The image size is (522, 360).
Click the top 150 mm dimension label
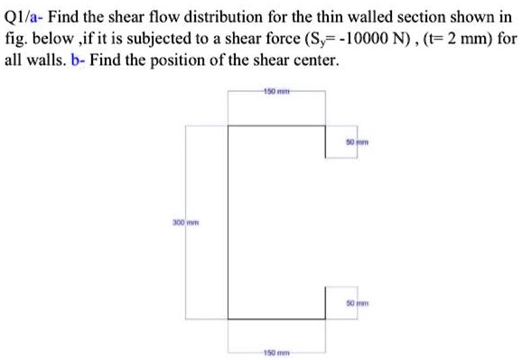click(275, 92)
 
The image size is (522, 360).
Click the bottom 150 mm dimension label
click(275, 352)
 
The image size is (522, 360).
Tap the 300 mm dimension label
click(184, 222)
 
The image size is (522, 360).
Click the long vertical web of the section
click(228, 222)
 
